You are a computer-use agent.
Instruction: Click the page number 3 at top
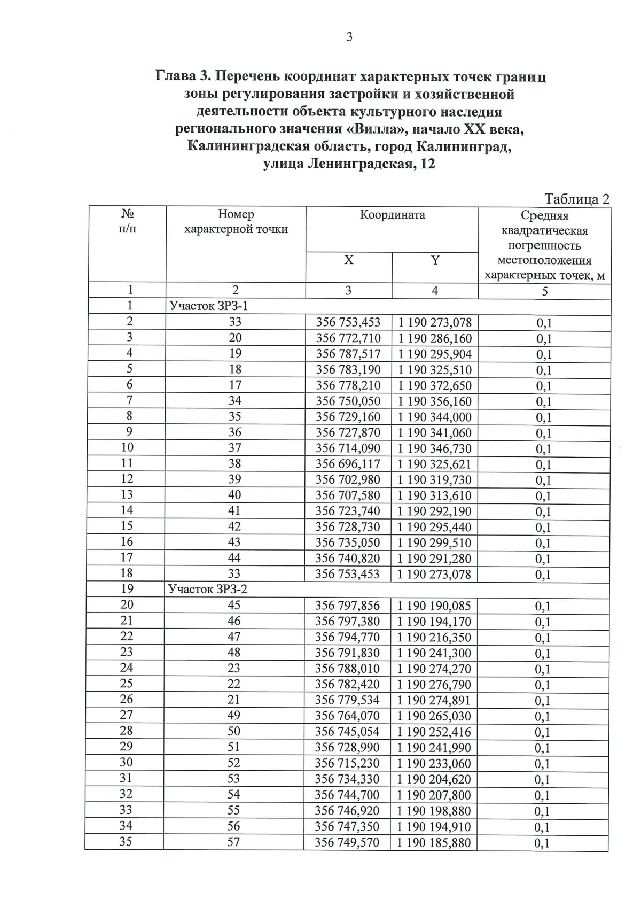pyautogui.click(x=349, y=37)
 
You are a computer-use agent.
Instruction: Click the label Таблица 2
pyautogui.click(x=576, y=199)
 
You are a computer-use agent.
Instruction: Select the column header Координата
pyautogui.click(x=392, y=215)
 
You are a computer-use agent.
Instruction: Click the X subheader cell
pyautogui.click(x=348, y=260)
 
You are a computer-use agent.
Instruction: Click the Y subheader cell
pyautogui.click(x=435, y=260)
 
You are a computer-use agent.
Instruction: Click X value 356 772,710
pyautogui.click(x=348, y=338)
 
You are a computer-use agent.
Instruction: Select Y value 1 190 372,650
pyautogui.click(x=434, y=385)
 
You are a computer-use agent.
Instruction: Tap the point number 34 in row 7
pyautogui.click(x=235, y=401)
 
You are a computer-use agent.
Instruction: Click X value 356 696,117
pyautogui.click(x=348, y=464)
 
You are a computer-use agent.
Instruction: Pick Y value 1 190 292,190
pyautogui.click(x=434, y=511)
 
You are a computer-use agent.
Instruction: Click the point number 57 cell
pyautogui.click(x=234, y=842)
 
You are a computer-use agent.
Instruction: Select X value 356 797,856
pyautogui.click(x=348, y=606)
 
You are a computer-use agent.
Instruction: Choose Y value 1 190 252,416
pyautogui.click(x=434, y=732)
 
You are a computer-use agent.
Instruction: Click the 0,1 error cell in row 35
pyautogui.click(x=542, y=843)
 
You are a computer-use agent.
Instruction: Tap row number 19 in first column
pyautogui.click(x=127, y=588)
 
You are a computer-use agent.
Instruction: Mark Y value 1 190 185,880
pyautogui.click(x=434, y=843)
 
